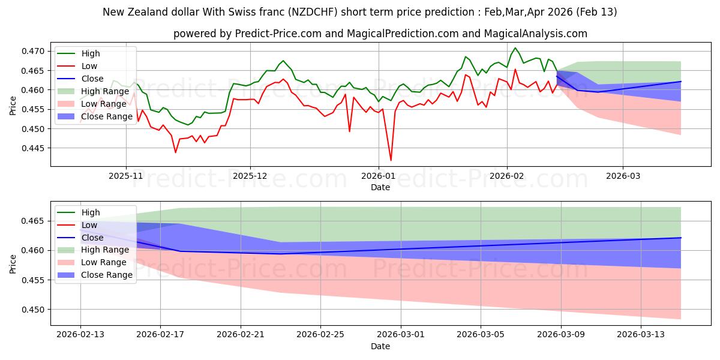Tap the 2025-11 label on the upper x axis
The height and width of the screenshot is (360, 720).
click(126, 175)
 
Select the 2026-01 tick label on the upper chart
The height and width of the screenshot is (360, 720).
click(379, 175)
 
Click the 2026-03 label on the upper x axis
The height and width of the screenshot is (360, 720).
click(623, 175)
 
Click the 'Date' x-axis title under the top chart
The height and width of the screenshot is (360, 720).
click(380, 187)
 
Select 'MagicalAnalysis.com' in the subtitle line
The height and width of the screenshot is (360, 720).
click(538, 34)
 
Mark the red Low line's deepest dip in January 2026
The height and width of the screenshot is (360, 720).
click(391, 160)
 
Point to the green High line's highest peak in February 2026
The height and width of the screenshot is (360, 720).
click(515, 48)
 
